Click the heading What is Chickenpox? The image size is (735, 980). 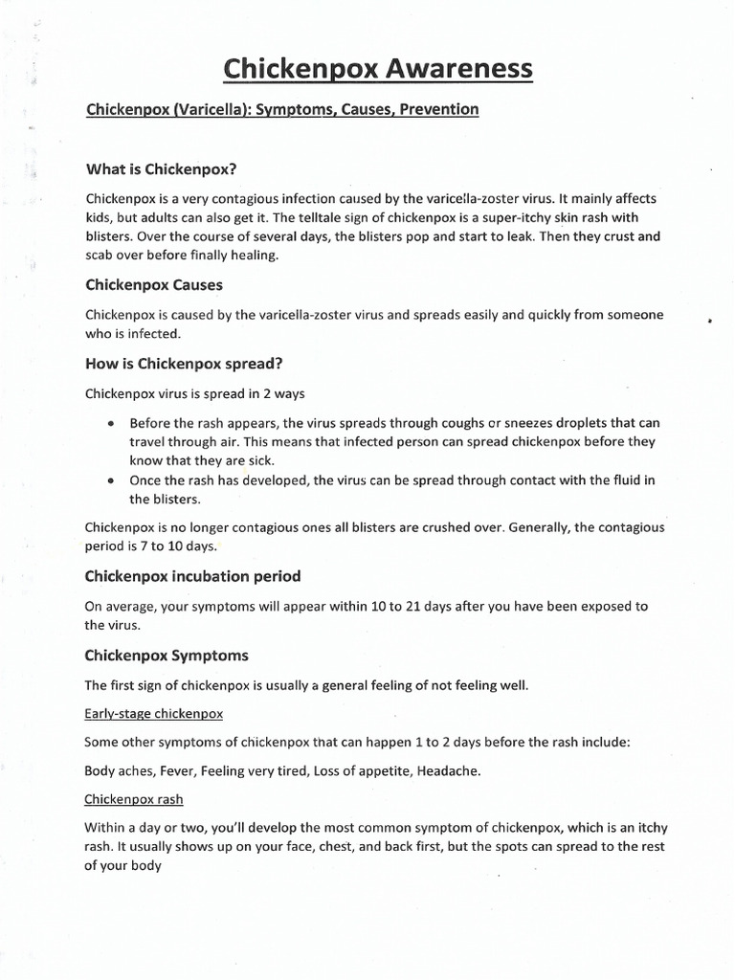tap(161, 169)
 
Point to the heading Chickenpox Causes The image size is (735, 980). tap(155, 285)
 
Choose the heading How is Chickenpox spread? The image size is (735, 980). tap(184, 364)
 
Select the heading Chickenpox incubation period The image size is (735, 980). tap(192, 576)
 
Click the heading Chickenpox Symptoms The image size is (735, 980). tap(167, 656)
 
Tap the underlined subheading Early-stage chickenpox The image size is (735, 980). tap(154, 714)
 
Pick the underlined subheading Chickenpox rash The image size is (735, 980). tap(134, 798)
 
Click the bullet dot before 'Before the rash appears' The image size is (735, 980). tap(112, 423)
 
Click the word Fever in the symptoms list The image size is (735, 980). tap(176, 769)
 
